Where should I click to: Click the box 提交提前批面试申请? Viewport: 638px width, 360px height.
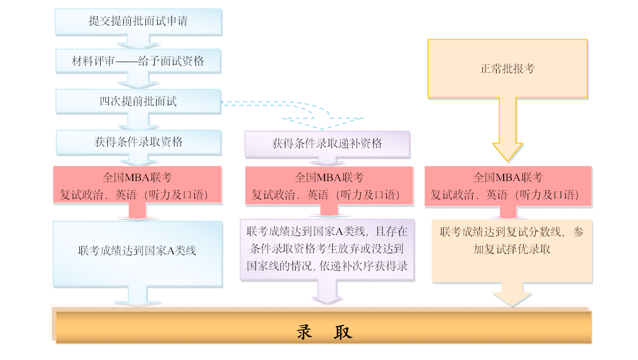[x=138, y=21]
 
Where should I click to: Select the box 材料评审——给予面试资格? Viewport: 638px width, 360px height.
[x=138, y=61]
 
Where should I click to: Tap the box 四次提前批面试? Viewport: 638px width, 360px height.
[x=138, y=101]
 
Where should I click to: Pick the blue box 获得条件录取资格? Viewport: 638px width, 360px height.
[x=138, y=142]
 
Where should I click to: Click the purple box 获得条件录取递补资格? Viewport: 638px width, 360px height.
[x=327, y=143]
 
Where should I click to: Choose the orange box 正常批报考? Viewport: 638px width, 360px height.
[x=507, y=68]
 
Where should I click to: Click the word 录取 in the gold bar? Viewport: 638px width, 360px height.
[x=324, y=332]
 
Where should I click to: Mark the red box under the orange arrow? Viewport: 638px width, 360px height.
[x=508, y=186]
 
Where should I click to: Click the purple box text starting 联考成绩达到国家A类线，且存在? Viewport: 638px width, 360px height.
[x=327, y=249]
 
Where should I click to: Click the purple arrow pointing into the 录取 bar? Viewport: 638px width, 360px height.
[x=327, y=294]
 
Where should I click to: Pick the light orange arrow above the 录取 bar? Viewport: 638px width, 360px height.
[x=512, y=295]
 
